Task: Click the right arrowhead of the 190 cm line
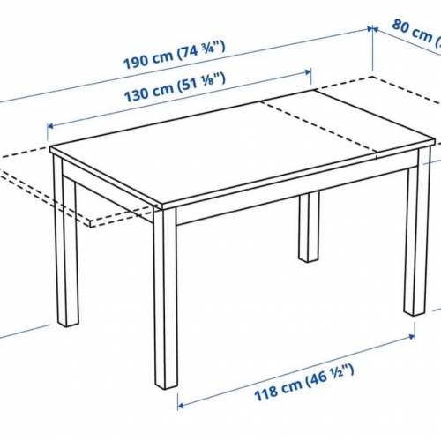pos(368,28)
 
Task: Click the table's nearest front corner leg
pos(165,300)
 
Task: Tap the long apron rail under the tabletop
pos(291,203)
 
